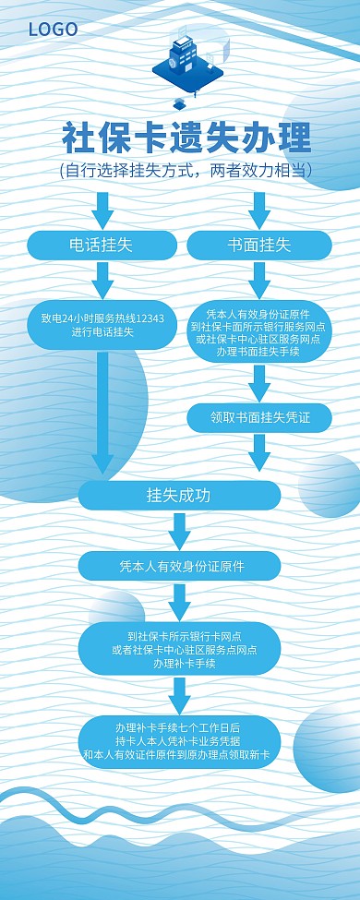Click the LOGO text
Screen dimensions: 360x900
[53, 30]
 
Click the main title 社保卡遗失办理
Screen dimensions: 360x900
[186, 138]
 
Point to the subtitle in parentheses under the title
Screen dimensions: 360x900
[185, 171]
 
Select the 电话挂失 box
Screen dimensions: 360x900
[102, 245]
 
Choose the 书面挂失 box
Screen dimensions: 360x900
[259, 245]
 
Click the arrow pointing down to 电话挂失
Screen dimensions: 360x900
[102, 209]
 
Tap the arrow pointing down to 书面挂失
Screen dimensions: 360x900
[259, 209]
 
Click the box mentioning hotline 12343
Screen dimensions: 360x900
[102, 324]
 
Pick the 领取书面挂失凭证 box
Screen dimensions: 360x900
[259, 417]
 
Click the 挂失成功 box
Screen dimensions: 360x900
[179, 495]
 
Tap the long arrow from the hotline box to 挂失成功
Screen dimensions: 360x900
[102, 411]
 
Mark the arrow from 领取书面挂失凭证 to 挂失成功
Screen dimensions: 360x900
[259, 452]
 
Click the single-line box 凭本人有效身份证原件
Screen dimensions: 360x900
[179, 565]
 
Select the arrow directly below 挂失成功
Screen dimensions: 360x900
[179, 530]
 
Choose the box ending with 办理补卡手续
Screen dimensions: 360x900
[179, 649]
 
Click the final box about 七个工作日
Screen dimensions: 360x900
[179, 741]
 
